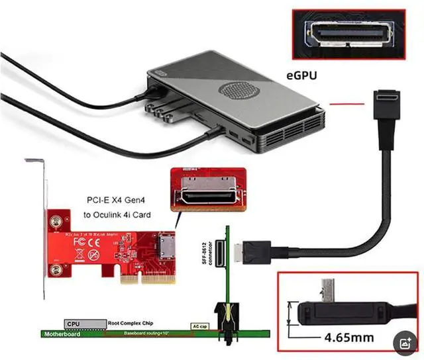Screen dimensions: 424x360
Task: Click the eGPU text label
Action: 301,76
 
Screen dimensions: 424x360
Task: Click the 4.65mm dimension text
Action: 349,337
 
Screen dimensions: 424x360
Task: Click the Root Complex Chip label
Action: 128,324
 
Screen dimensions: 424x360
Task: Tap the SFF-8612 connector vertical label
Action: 217,251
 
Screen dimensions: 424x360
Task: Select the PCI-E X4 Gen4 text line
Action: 119,201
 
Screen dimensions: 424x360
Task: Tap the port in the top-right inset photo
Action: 348,33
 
